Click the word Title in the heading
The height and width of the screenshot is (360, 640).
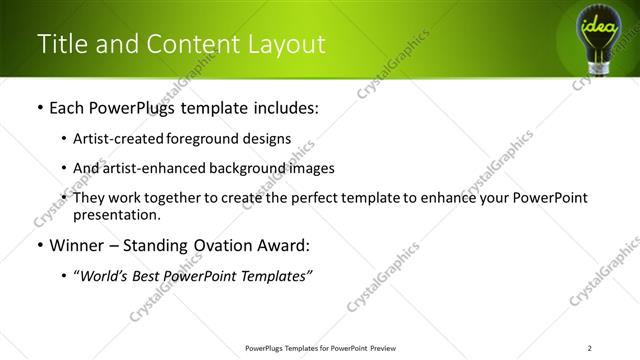click(x=60, y=44)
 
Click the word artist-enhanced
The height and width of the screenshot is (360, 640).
click(x=158, y=168)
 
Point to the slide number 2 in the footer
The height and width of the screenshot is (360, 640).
click(x=590, y=348)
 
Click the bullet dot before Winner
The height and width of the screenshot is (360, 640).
click(x=39, y=246)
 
